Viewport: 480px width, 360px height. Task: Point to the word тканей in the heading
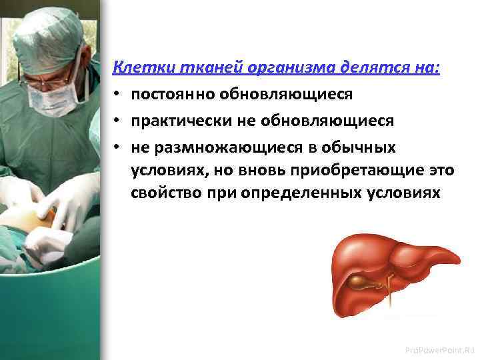click(x=193, y=69)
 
